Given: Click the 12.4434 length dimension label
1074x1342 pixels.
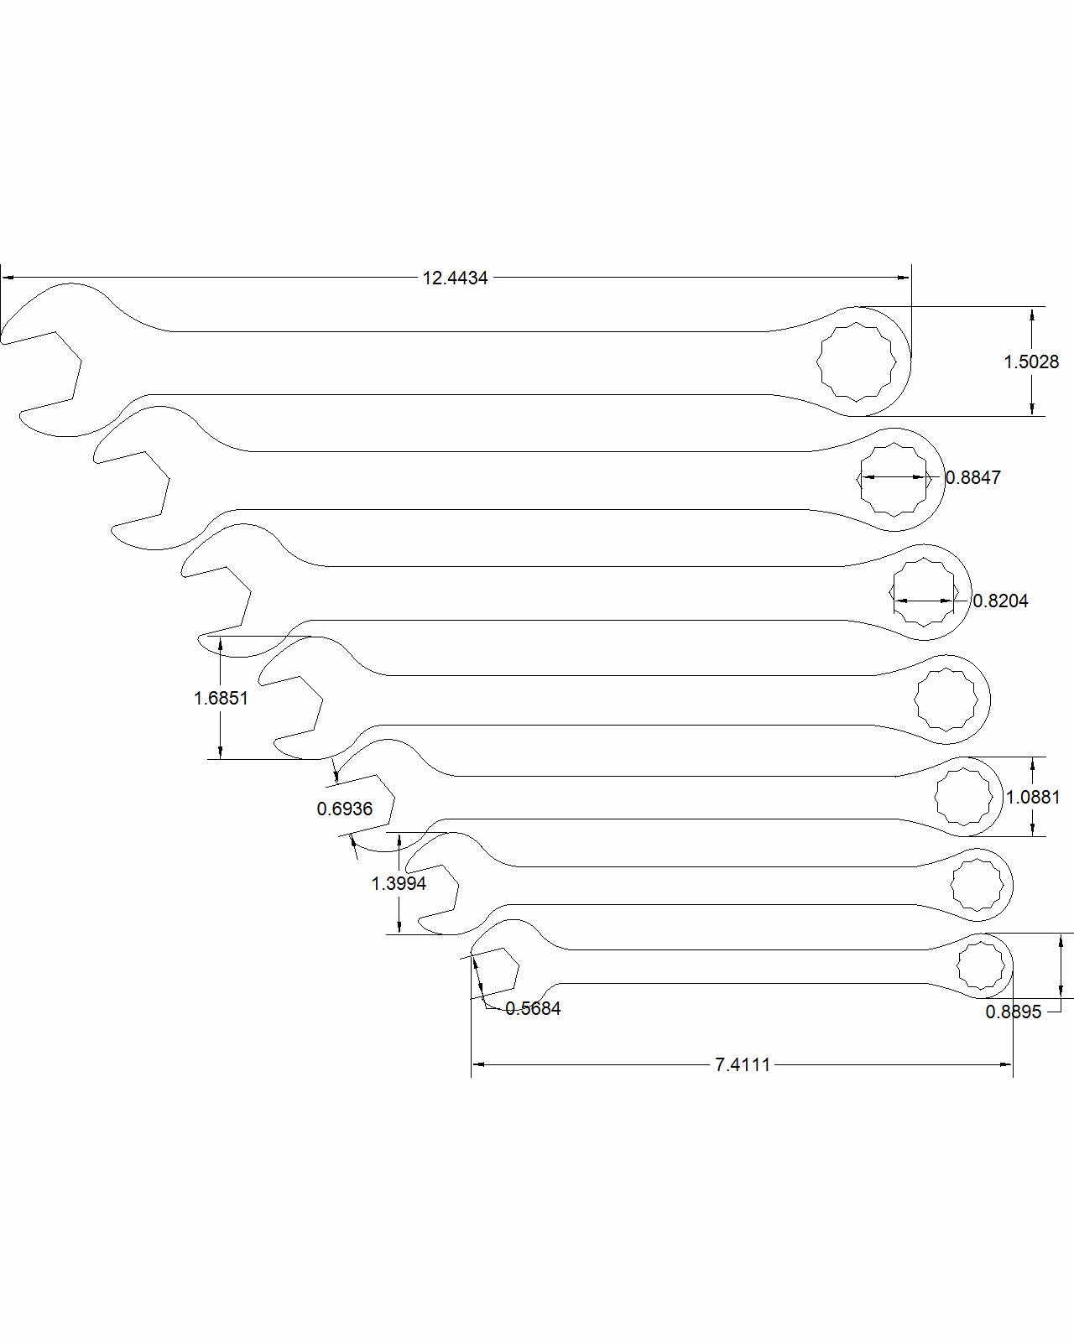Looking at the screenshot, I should click(x=455, y=278).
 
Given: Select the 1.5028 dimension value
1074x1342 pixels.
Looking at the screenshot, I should click(x=1031, y=362).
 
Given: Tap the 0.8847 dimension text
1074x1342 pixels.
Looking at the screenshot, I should click(x=973, y=477).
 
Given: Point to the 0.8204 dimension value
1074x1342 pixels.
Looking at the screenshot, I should click(x=1000, y=601).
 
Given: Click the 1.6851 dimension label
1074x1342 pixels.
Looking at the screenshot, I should click(x=221, y=697).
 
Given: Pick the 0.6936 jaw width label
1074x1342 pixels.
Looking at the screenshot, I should click(x=344, y=809).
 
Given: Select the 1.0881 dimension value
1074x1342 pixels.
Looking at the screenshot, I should click(x=1033, y=797).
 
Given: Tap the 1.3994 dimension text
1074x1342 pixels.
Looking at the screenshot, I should click(x=399, y=883).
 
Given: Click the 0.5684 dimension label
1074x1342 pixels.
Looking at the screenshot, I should click(x=533, y=1008).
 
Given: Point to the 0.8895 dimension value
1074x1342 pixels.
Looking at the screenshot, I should click(x=1014, y=1012).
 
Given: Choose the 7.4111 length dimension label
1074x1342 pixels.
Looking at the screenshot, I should click(x=743, y=1065).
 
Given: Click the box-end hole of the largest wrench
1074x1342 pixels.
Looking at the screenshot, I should click(x=857, y=362).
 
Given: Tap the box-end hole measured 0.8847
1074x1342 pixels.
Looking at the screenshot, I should click(x=894, y=478).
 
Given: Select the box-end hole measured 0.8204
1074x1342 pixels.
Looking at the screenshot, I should click(x=923, y=593).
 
